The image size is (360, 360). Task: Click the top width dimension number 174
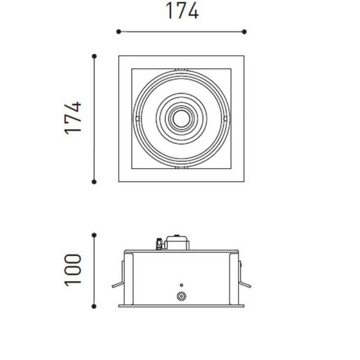pyautogui.click(x=181, y=11)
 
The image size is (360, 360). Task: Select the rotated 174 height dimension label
pyautogui.click(x=73, y=119)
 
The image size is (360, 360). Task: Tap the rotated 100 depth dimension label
pyautogui.click(x=73, y=270)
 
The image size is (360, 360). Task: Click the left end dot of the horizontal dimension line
pyautogui.click(x=118, y=31)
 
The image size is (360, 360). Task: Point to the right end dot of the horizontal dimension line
pyautogui.click(x=245, y=31)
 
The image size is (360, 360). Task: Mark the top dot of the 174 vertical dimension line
pyautogui.click(x=94, y=56)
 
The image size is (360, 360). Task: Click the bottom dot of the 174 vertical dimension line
pyautogui.click(x=94, y=181)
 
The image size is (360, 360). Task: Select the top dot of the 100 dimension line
pyautogui.click(x=94, y=235)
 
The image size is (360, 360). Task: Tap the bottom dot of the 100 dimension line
pyautogui.click(x=94, y=306)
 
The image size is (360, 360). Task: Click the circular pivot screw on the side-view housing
pyautogui.click(x=181, y=296)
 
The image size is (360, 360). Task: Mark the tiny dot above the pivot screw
pyautogui.click(x=181, y=284)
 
